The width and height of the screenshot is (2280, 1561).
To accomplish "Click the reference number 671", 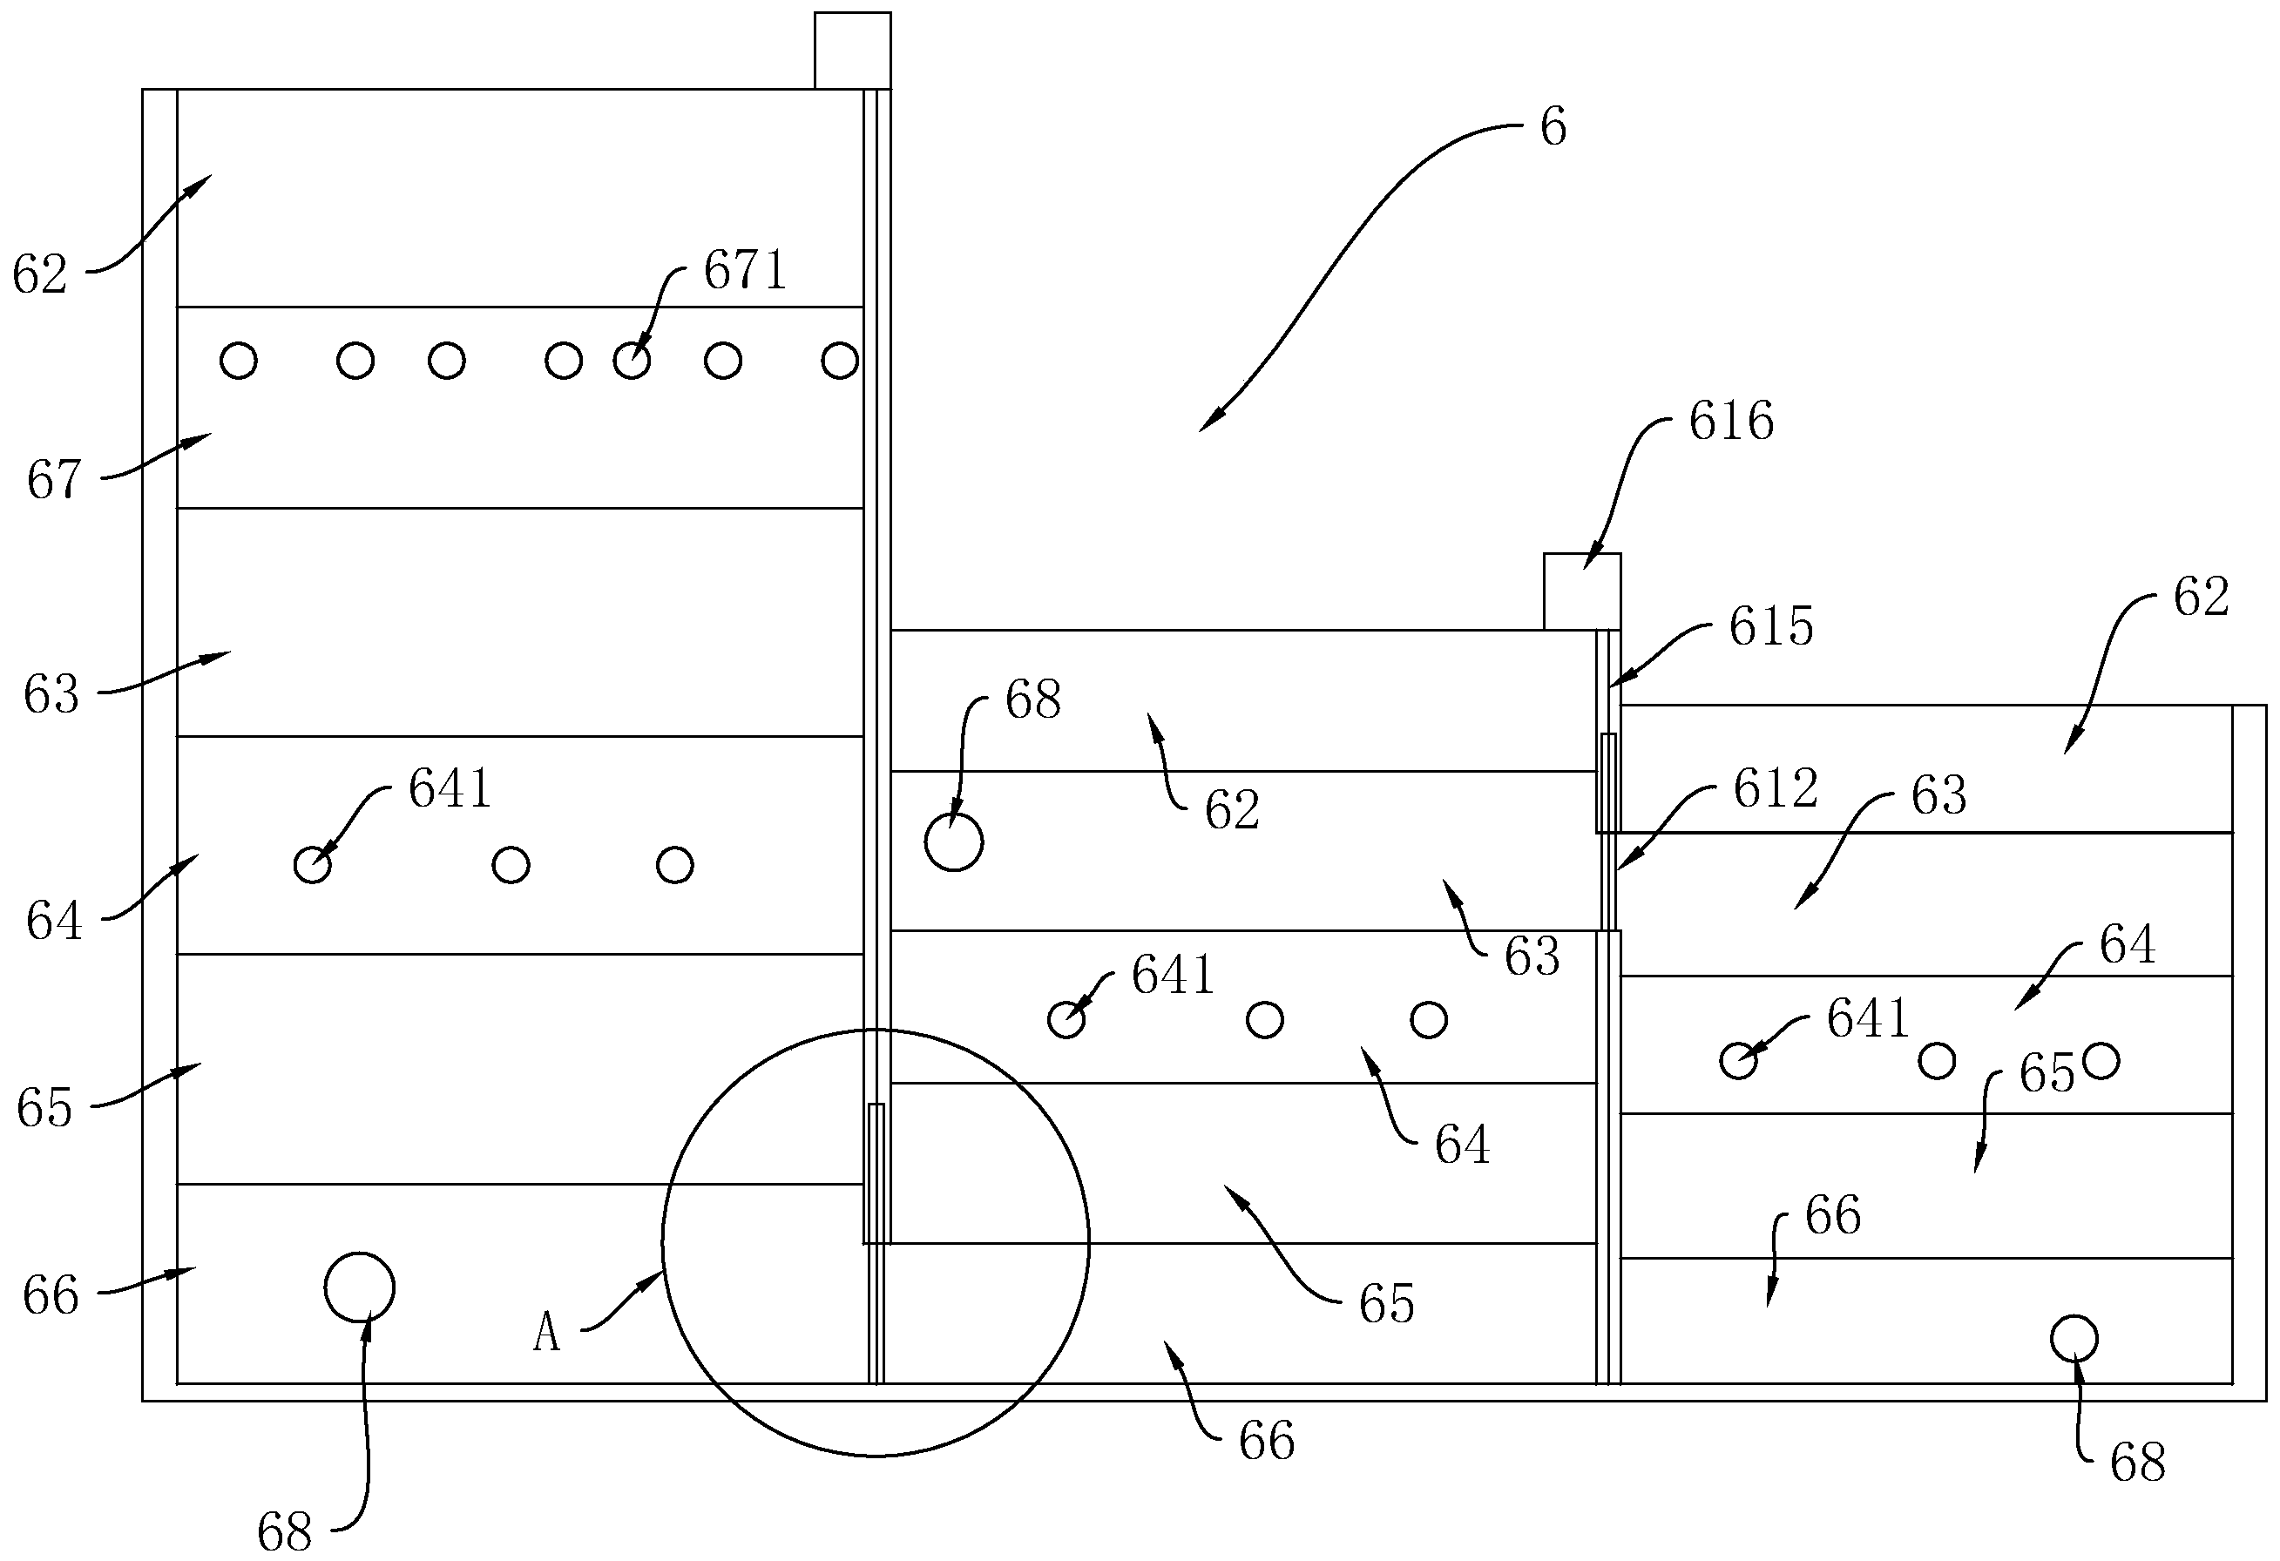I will tap(745, 271).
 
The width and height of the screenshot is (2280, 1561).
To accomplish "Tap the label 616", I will tap(1730, 422).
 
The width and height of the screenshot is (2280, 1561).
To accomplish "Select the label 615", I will tap(1771, 626).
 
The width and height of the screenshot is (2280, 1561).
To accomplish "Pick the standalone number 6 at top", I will tap(1553, 127).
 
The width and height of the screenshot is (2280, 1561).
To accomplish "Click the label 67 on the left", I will tap(53, 481).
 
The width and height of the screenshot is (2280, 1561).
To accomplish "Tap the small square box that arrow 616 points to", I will tap(1581, 591).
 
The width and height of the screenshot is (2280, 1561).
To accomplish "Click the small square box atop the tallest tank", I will tap(851, 51).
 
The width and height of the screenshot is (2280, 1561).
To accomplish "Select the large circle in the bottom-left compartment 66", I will tap(359, 1287).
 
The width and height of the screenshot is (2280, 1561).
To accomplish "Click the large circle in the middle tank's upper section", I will tap(954, 841).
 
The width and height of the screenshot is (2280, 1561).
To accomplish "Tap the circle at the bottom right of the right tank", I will tap(2074, 1338).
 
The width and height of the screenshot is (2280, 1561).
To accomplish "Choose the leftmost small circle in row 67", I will tap(239, 361).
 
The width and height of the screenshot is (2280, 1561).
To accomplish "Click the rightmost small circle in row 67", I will tap(839, 361).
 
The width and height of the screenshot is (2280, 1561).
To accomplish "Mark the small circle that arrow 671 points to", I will tap(631, 361).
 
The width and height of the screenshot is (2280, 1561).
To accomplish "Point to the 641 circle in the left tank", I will tap(312, 865).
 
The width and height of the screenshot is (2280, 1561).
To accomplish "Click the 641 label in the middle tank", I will tap(1173, 976).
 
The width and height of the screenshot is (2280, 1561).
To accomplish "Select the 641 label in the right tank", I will tap(1867, 1018).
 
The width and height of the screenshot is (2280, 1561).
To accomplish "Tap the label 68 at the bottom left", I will tap(285, 1531).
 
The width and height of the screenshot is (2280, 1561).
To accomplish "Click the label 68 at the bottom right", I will tap(2138, 1463).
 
